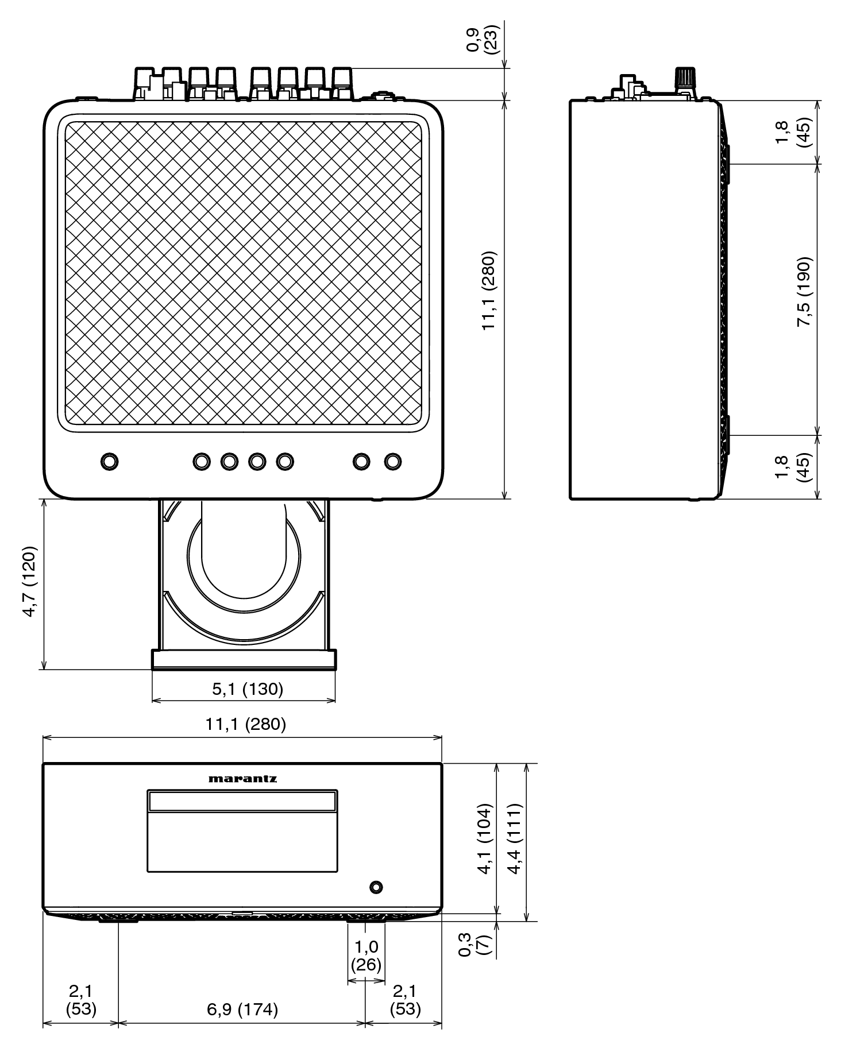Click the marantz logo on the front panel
[x=242, y=779]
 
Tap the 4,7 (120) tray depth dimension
[x=30, y=581]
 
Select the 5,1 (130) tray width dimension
[x=248, y=689]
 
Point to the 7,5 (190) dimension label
[x=804, y=292]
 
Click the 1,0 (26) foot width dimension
[x=366, y=956]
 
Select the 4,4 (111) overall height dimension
[x=515, y=839]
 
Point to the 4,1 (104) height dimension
[x=485, y=839]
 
